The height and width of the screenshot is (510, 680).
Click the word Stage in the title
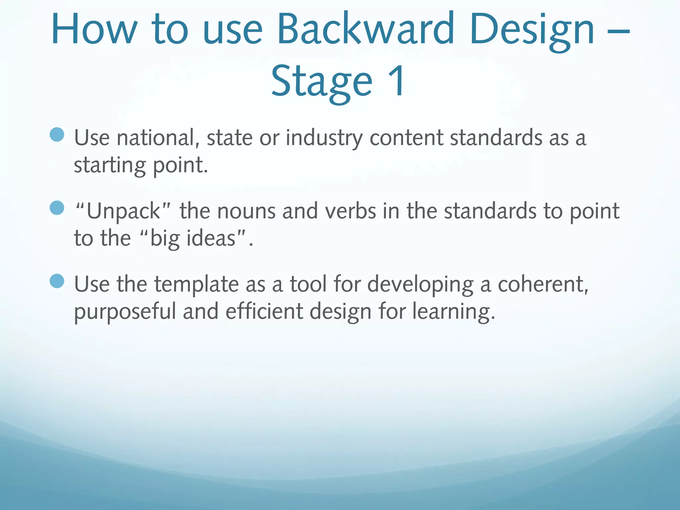coord(321,82)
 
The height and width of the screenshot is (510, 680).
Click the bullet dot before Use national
coord(57,134)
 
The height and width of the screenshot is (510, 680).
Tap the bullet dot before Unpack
coord(57,208)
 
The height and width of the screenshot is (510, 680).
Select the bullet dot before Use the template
coord(57,281)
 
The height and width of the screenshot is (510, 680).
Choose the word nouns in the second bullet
coord(246,212)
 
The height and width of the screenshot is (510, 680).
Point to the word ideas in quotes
coord(211,238)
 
